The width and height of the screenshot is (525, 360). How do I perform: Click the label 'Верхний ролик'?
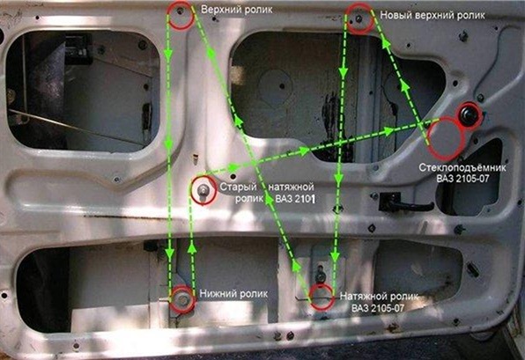click(x=236, y=10)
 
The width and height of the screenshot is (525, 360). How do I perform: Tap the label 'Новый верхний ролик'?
click(x=433, y=15)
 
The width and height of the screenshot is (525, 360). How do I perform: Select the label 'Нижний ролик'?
click(x=233, y=294)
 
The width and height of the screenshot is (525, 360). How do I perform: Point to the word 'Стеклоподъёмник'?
click(x=462, y=167)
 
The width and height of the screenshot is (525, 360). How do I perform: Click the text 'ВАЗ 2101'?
click(x=295, y=199)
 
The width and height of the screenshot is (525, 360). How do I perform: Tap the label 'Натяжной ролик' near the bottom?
click(x=379, y=297)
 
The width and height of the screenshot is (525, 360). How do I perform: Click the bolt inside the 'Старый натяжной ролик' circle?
click(x=203, y=191)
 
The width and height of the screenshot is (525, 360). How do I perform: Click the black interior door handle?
click(x=404, y=202)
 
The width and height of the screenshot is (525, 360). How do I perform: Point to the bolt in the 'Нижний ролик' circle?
click(x=183, y=300)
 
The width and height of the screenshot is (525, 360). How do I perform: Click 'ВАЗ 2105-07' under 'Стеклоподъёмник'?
click(x=462, y=179)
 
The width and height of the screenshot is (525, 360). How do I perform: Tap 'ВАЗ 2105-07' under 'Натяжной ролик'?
click(x=378, y=308)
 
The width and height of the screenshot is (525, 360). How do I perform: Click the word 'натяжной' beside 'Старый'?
click(x=291, y=187)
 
